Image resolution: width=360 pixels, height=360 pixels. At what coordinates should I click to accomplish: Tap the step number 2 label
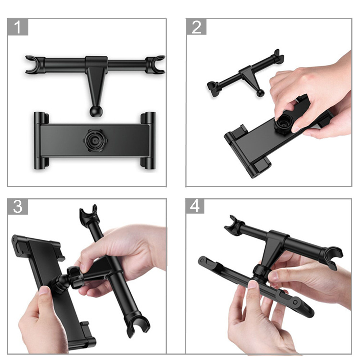196,27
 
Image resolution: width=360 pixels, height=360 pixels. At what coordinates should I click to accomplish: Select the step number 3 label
18,207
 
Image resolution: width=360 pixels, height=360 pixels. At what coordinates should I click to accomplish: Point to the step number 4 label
195,206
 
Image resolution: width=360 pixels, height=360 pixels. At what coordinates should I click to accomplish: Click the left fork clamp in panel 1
35,64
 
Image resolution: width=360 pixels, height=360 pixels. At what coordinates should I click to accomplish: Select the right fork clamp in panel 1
155,64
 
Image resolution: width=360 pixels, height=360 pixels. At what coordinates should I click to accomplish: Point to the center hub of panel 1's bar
96,62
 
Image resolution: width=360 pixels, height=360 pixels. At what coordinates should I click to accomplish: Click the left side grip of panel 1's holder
41,140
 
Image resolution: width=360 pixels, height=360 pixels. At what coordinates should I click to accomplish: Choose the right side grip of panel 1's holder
148,140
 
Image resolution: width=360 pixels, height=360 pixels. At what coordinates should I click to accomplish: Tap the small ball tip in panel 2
260,93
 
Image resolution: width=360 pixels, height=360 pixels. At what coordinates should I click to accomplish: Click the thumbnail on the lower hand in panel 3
44,291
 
